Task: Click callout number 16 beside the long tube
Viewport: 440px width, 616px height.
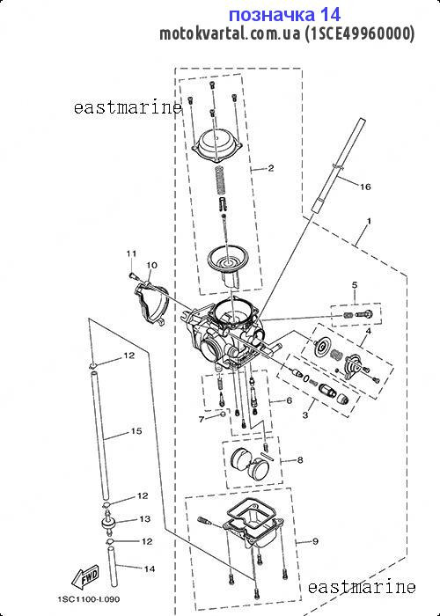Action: click(x=365, y=187)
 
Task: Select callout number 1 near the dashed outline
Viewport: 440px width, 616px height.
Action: click(x=369, y=222)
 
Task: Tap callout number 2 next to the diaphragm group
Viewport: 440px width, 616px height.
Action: click(x=271, y=169)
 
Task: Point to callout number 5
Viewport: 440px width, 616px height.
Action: click(x=355, y=285)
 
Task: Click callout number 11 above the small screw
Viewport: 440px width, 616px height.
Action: click(x=131, y=253)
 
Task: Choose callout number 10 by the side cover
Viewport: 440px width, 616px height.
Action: click(x=151, y=265)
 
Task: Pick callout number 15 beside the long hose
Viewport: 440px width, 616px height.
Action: click(x=136, y=431)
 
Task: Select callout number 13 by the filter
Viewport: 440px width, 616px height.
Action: click(x=145, y=519)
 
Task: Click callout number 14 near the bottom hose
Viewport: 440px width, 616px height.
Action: click(x=150, y=568)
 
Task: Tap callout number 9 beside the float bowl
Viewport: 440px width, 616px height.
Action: click(x=315, y=542)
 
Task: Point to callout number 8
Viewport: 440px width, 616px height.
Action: click(x=300, y=460)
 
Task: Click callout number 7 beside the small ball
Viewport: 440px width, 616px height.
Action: click(x=202, y=420)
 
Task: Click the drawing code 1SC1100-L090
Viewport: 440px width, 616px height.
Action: click(x=89, y=599)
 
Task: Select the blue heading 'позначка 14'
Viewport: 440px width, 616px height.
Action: click(x=284, y=15)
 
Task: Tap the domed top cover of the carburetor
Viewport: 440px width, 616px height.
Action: click(x=216, y=145)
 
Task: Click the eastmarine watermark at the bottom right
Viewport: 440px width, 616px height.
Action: click(x=362, y=587)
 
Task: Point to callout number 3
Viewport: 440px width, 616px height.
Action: click(x=305, y=414)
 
